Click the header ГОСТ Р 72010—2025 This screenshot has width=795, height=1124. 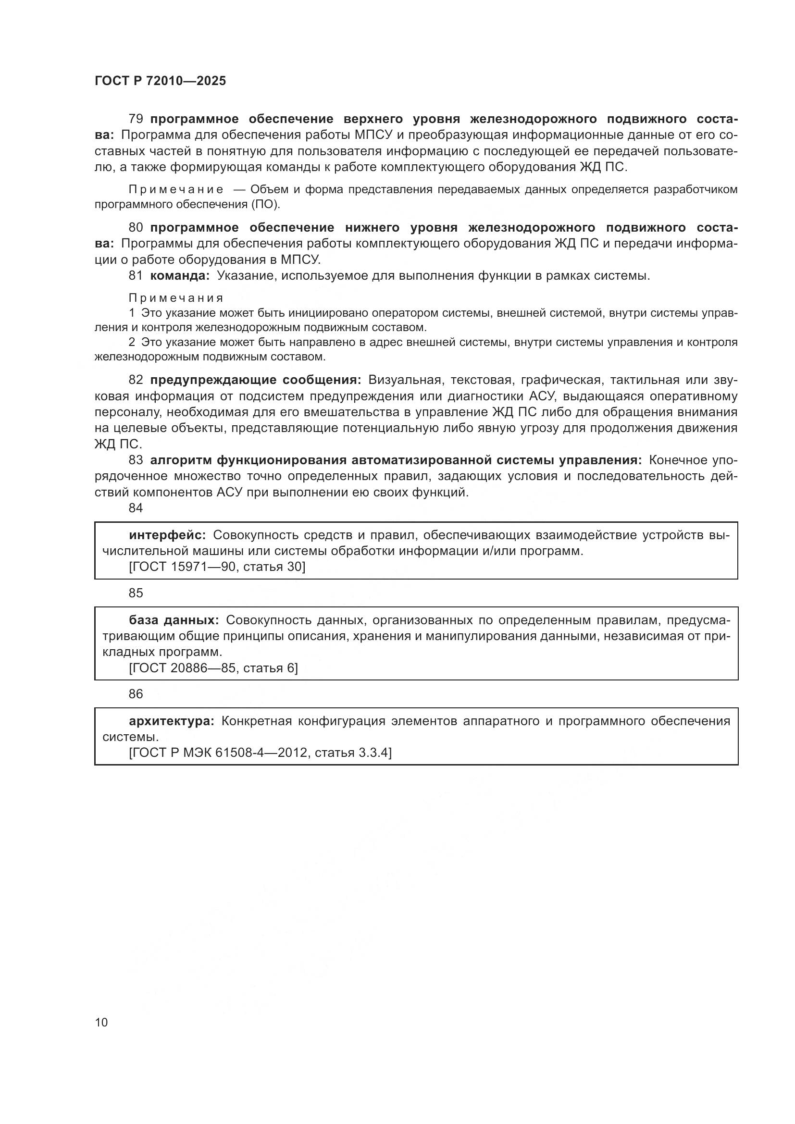point(160,81)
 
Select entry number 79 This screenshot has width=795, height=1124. point(136,119)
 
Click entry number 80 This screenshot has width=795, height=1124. point(136,228)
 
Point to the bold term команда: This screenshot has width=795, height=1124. point(180,276)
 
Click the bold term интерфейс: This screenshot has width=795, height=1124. point(167,535)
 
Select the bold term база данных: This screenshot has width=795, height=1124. point(174,620)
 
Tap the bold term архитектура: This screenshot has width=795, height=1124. point(171,721)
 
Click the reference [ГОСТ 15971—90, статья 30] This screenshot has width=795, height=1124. point(217,567)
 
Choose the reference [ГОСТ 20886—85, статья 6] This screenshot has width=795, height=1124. point(213,668)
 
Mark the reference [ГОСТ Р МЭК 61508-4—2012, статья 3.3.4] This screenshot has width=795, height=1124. point(260,753)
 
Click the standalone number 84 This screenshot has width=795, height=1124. point(136,508)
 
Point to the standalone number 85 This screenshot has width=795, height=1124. point(136,593)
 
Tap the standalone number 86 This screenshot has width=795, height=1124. point(136,694)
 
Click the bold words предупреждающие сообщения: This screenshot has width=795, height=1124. point(256,380)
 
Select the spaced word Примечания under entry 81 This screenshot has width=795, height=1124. point(176,298)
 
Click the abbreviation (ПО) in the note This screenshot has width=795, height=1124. point(266,204)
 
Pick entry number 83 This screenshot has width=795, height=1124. point(136,460)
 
